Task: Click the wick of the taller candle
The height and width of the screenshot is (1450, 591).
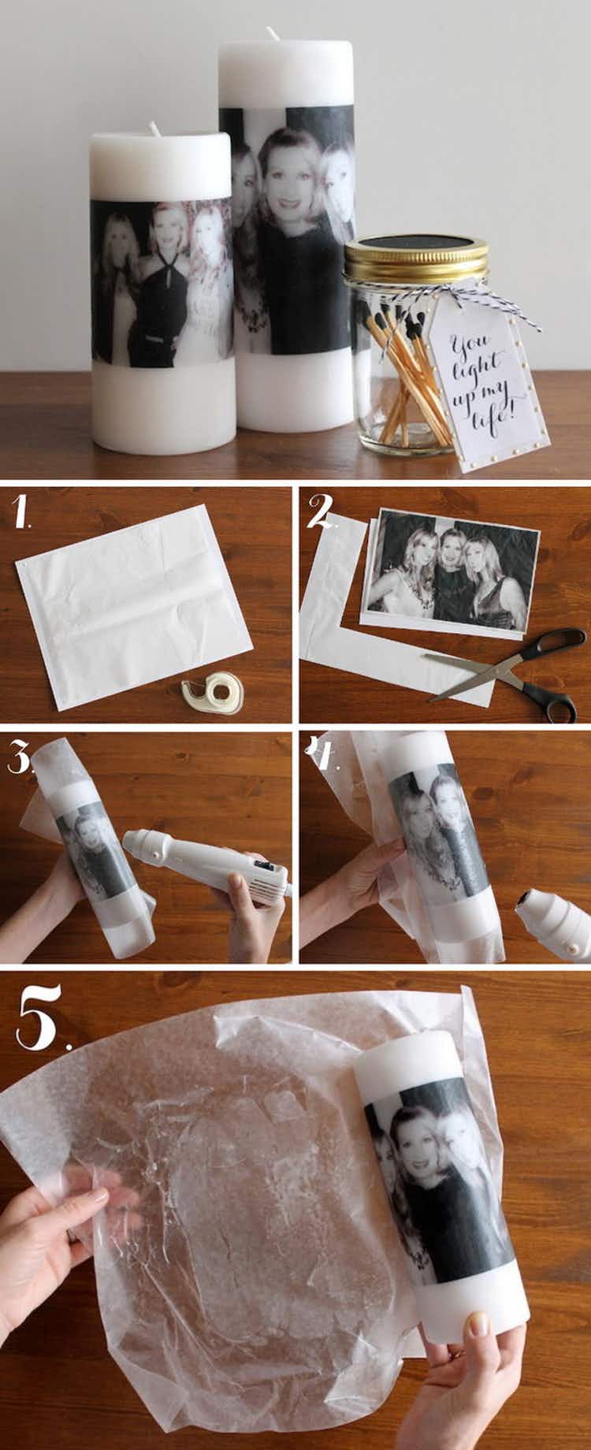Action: click(273, 33)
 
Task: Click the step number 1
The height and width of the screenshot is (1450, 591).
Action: click(23, 512)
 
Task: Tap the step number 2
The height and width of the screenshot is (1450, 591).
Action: click(319, 513)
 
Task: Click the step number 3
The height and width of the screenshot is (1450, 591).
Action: click(19, 757)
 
